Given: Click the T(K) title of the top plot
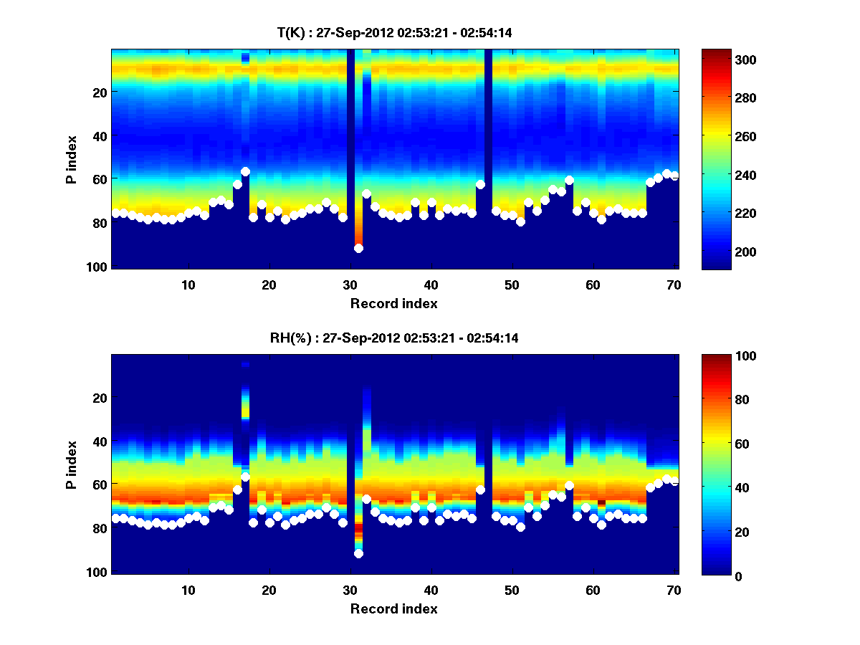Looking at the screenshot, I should (393, 32).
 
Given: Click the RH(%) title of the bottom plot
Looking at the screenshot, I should (393, 338).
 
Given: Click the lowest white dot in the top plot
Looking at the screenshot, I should (358, 248).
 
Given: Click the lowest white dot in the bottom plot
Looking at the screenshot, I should (358, 553).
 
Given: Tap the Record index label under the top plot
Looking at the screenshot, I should (393, 303).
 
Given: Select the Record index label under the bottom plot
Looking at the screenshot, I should (393, 608).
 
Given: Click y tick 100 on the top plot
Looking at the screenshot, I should (98, 267).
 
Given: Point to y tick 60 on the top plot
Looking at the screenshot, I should (101, 179).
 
